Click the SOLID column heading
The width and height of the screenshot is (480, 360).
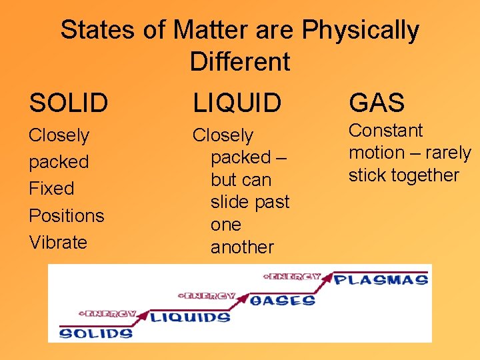[69, 103]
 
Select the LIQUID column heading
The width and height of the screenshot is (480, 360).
[237, 103]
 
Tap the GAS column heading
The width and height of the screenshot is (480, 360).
[377, 103]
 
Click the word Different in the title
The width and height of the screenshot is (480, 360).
[240, 62]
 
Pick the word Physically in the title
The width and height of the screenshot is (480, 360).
[360, 30]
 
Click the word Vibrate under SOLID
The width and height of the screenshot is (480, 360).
[58, 242]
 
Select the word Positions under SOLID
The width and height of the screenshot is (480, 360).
[67, 215]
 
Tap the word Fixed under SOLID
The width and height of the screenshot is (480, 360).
[51, 189]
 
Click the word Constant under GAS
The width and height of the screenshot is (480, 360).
[386, 131]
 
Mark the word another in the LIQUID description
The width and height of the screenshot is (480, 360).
[242, 247]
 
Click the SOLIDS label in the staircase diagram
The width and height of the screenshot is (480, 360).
[96, 332]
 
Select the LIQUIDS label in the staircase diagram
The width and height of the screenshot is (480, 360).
[190, 317]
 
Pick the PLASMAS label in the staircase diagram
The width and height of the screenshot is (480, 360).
[381, 279]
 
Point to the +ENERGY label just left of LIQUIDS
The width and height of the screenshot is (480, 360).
[107, 313]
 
